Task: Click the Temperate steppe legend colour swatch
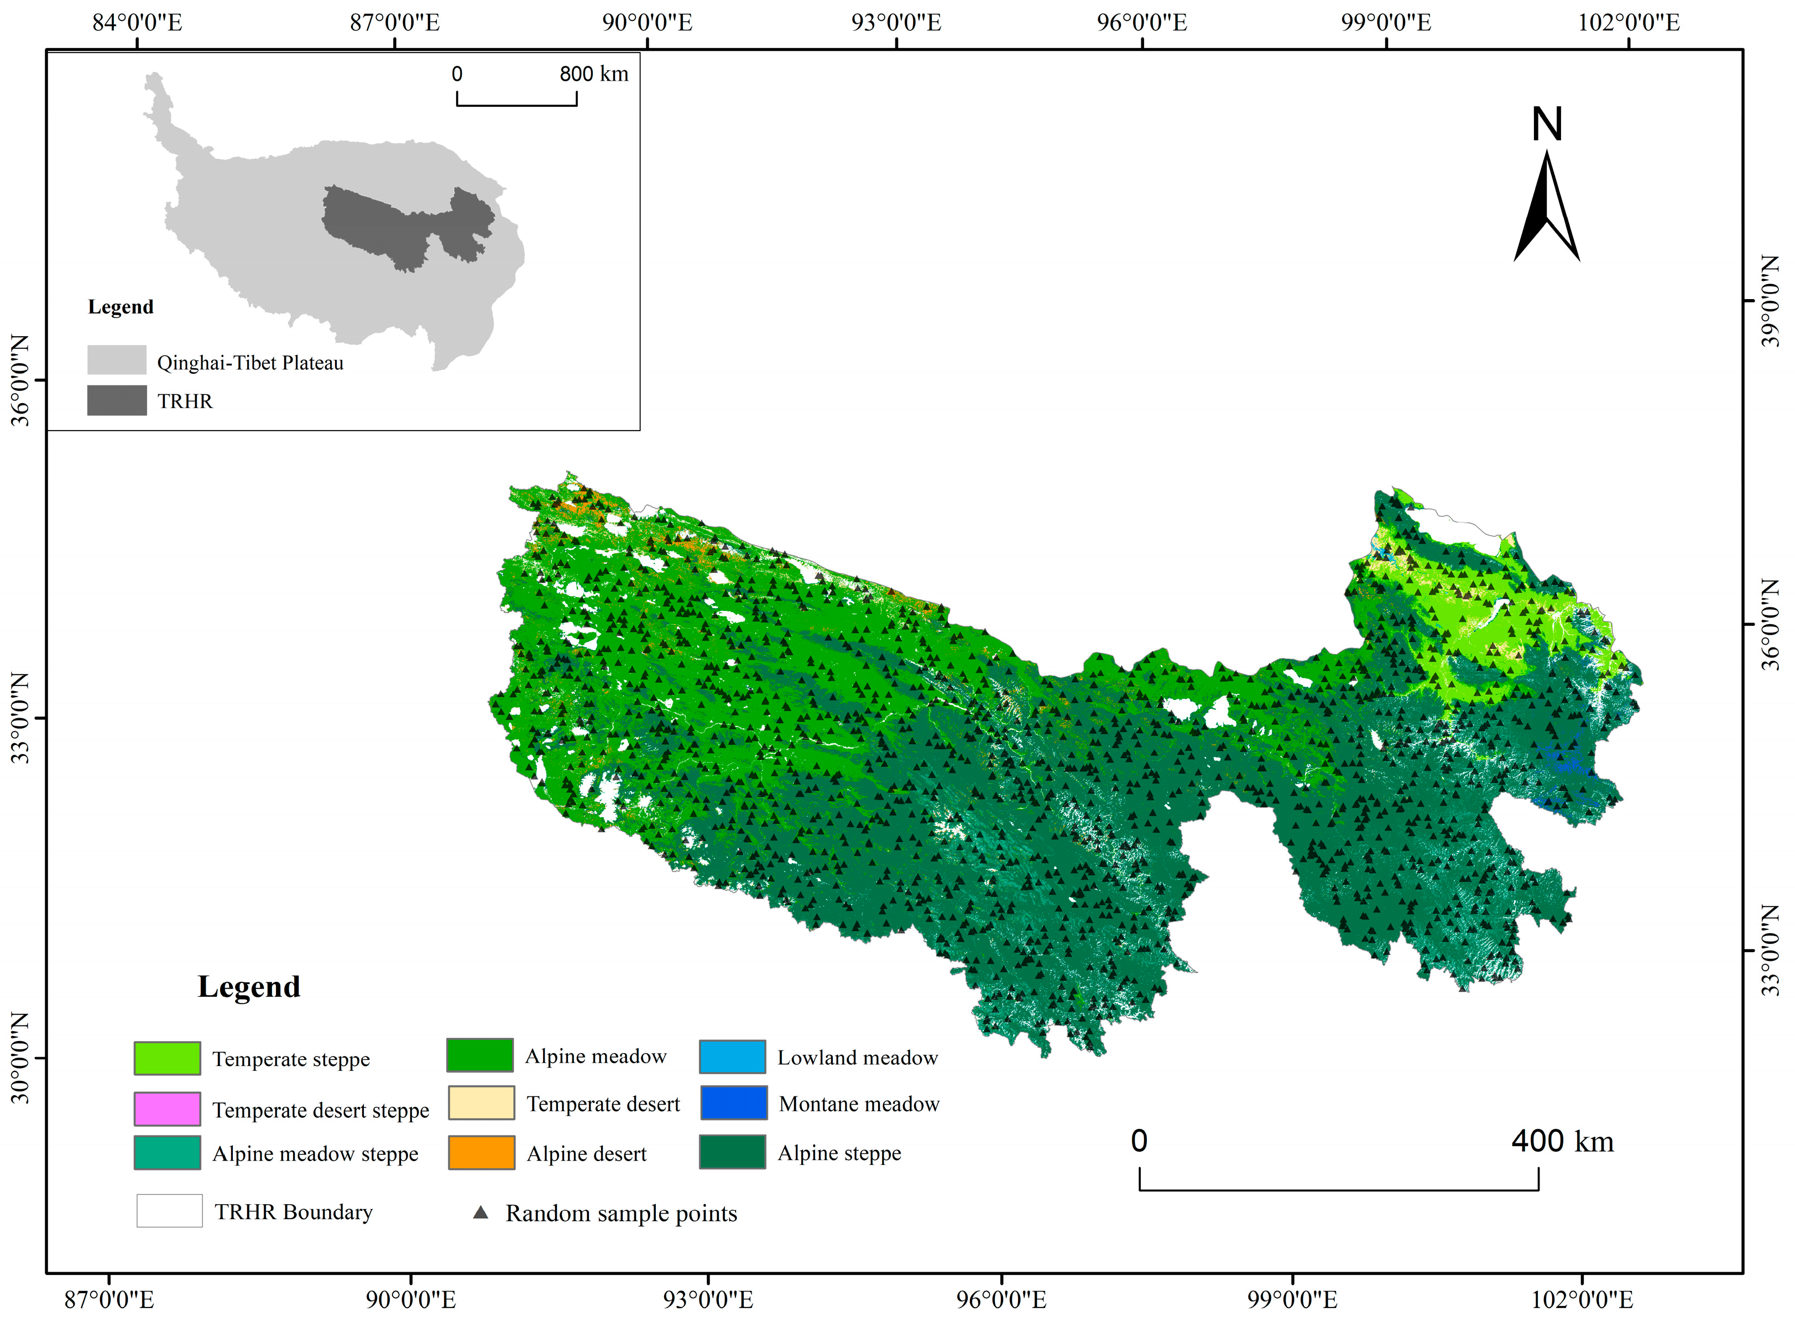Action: (166, 1058)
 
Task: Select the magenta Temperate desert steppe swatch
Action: (166, 1109)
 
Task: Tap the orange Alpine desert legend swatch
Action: (481, 1153)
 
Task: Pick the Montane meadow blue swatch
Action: (733, 1103)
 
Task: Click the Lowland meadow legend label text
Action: (857, 1058)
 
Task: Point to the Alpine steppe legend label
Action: (839, 1153)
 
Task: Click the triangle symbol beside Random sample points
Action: (481, 1212)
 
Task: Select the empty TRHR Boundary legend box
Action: (169, 1211)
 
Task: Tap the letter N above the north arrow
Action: (1546, 125)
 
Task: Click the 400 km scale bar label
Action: (1562, 1141)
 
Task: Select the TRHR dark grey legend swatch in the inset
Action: (117, 400)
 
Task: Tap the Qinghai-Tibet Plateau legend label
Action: (250, 363)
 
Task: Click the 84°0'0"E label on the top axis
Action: (137, 23)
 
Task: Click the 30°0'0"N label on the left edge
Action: (19, 1058)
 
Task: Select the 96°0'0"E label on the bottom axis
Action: (1001, 1300)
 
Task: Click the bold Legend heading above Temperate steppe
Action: (248, 987)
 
